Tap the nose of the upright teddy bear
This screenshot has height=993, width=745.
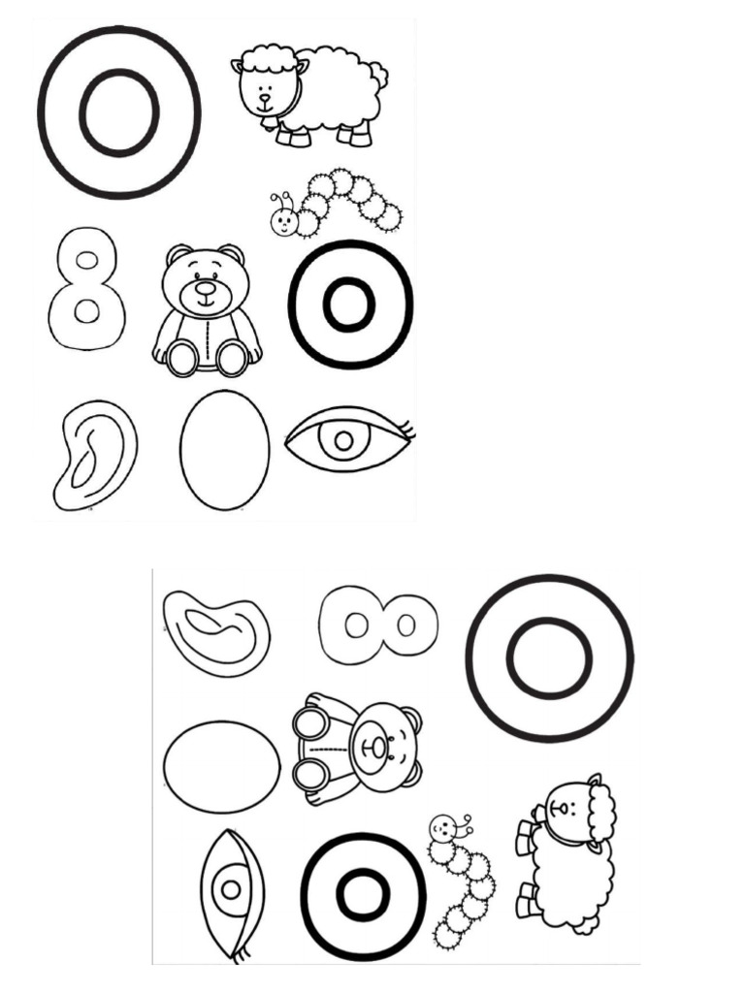pos(205,288)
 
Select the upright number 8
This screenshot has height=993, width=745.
pos(85,289)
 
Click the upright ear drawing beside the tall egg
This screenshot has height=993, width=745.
pos(94,455)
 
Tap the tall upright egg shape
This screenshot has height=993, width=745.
pos(224,450)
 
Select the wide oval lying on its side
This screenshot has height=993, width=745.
pos(222,766)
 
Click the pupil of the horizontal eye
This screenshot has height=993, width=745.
pos(344,440)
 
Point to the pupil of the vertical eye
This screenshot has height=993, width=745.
pos(231,890)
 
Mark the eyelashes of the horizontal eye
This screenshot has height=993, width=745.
pos(408,430)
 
